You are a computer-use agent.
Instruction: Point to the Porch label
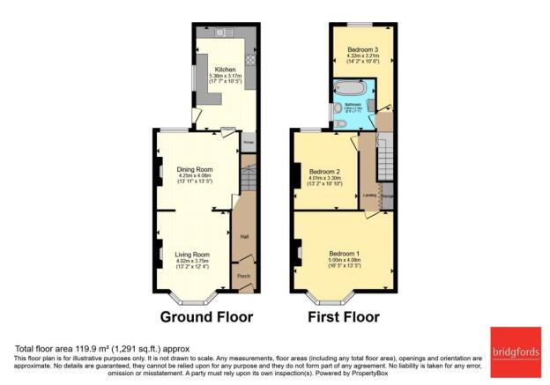pyautogui.click(x=242, y=276)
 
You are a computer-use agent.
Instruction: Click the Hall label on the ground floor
pyautogui.click(x=243, y=236)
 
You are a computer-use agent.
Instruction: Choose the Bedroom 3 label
pyautogui.click(x=361, y=48)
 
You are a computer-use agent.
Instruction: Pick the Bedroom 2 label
pyautogui.click(x=324, y=172)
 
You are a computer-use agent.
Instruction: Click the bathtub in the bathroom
pyautogui.click(x=350, y=89)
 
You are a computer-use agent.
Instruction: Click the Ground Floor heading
pyautogui.click(x=206, y=316)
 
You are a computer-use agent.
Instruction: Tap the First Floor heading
pyautogui.click(x=345, y=316)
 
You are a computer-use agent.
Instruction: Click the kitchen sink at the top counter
pyautogui.click(x=218, y=32)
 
